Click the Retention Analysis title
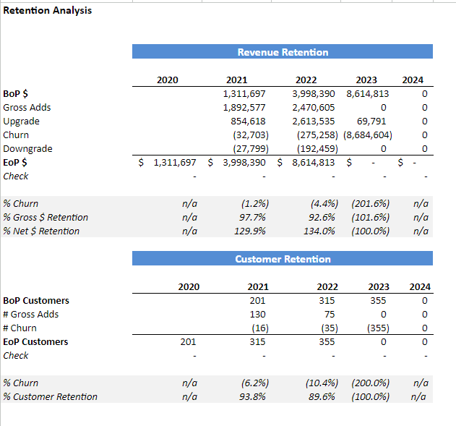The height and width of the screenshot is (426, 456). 48,11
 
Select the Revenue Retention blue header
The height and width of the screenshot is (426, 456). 283,52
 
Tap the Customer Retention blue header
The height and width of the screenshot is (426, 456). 283,259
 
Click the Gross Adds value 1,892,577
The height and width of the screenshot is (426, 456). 244,108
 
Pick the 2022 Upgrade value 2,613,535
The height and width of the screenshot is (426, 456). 313,122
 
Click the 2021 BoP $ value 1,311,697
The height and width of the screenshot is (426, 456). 244,94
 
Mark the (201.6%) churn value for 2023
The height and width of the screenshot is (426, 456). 370,204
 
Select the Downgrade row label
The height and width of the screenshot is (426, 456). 23,149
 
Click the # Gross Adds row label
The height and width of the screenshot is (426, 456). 31,315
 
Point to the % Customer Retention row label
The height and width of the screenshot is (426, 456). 50,397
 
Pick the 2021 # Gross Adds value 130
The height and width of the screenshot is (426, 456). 257,315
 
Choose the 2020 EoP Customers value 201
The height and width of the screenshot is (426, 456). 188,342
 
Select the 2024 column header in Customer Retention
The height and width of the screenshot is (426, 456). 419,287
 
